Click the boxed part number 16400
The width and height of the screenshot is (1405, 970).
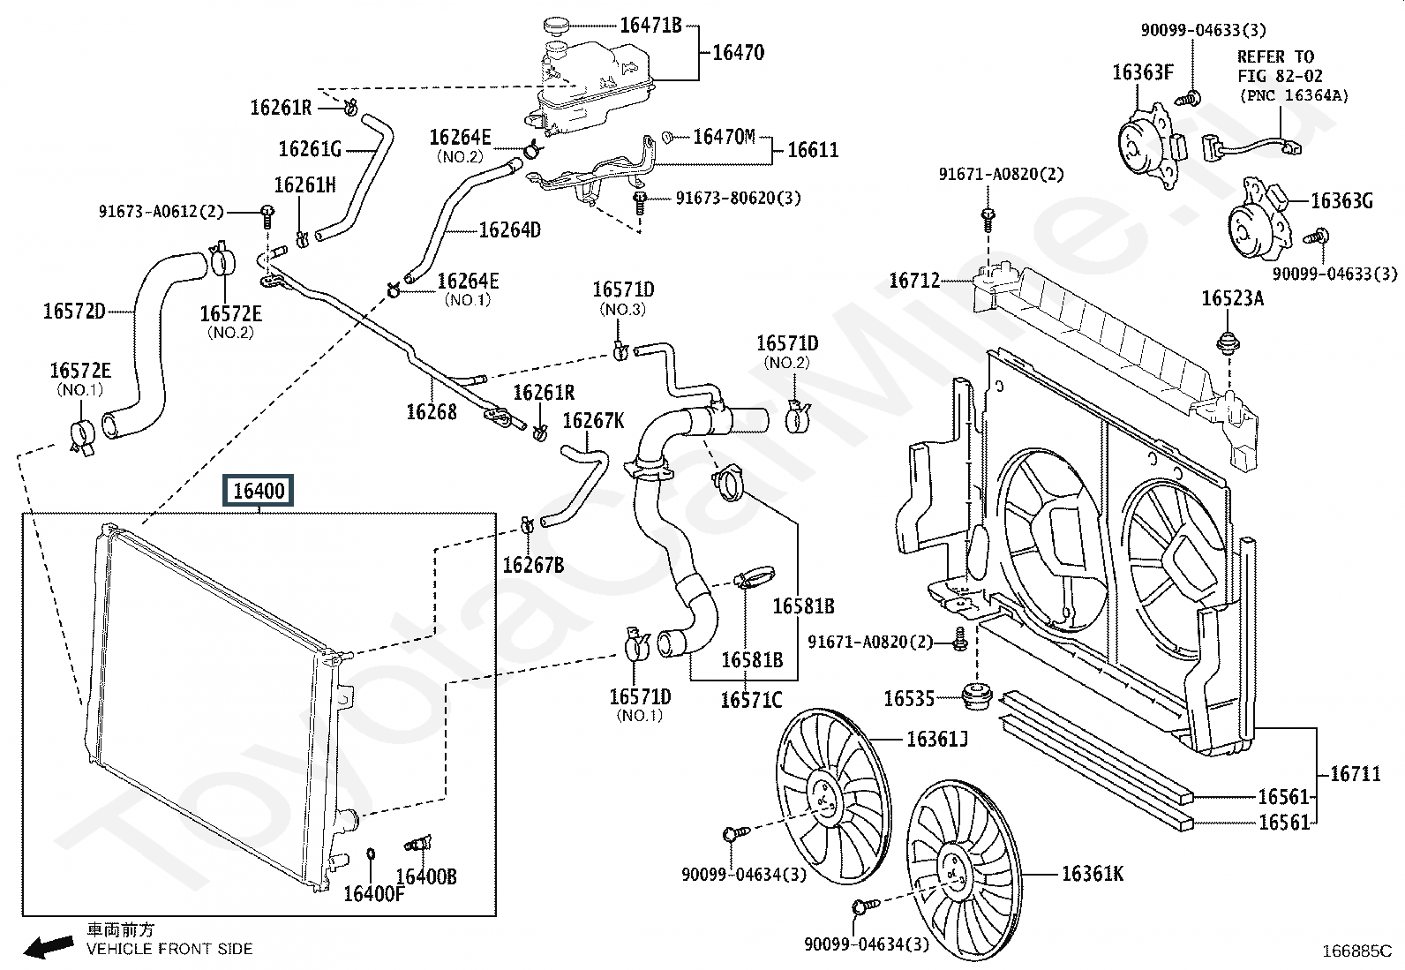[x=259, y=490]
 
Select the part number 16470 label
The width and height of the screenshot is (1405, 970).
[x=739, y=52]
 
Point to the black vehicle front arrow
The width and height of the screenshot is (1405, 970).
[x=49, y=946]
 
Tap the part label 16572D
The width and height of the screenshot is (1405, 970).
[x=74, y=312]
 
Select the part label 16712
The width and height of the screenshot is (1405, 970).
[x=914, y=281]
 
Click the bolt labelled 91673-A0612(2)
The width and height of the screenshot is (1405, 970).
[x=267, y=216]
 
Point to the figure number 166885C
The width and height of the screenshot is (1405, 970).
[x=1356, y=951]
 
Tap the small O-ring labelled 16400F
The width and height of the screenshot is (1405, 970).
[x=371, y=853]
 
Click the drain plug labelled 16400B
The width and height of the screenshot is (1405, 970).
[x=418, y=845]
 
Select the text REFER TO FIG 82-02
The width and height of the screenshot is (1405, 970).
[x=1280, y=66]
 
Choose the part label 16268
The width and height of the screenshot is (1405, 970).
[x=432, y=411]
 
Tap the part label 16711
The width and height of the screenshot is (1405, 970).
[x=1356, y=774]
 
